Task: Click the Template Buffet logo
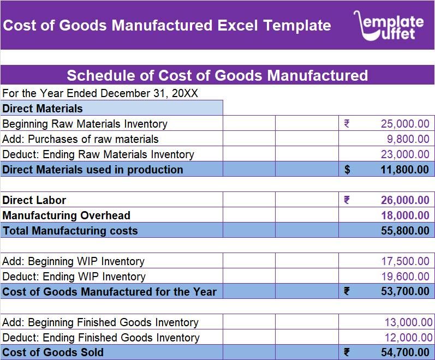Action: click(388, 26)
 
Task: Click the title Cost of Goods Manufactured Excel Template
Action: click(166, 26)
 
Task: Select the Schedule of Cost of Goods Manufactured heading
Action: click(217, 75)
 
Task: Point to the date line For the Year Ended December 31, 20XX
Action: click(100, 93)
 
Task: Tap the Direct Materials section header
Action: click(43, 109)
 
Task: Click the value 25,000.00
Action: click(405, 124)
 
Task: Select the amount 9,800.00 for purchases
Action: click(408, 139)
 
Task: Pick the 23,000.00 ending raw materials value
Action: click(405, 154)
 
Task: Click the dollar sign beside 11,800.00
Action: click(347, 170)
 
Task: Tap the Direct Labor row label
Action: click(34, 200)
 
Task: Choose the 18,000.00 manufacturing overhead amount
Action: click(405, 215)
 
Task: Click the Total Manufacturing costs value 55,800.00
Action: click(405, 231)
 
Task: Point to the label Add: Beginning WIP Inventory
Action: click(73, 261)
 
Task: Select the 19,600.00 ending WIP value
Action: click(405, 277)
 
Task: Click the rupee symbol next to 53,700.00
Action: click(347, 292)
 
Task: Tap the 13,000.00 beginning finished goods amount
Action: click(408, 322)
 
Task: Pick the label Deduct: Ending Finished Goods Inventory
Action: click(101, 338)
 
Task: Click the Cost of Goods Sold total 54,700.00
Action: click(405, 352)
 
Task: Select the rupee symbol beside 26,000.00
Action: click(347, 200)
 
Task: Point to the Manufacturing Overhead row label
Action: click(66, 215)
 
